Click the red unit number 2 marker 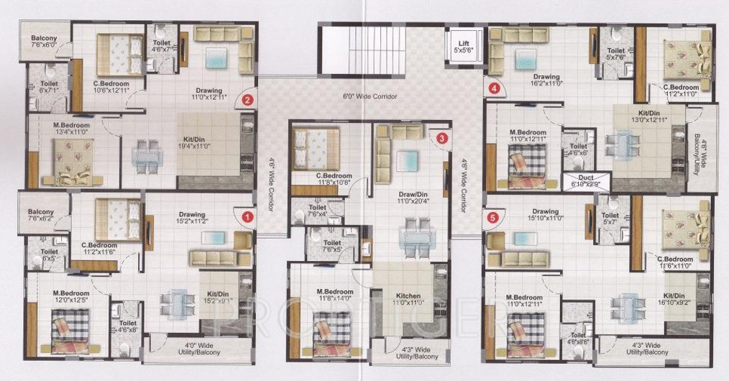(x=247, y=100)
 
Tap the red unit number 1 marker (x=247, y=215)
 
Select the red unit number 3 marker (x=441, y=137)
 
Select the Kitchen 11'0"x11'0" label (x=408, y=299)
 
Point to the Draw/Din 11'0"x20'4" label (x=408, y=198)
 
